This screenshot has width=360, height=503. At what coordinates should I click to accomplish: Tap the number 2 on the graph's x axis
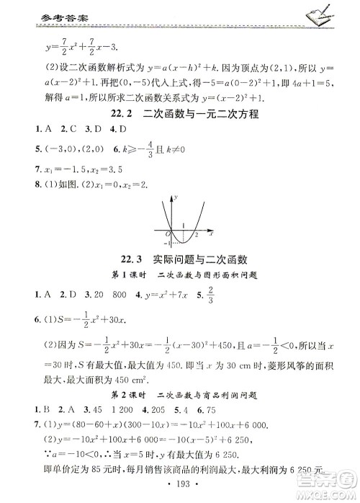point(196,235)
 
